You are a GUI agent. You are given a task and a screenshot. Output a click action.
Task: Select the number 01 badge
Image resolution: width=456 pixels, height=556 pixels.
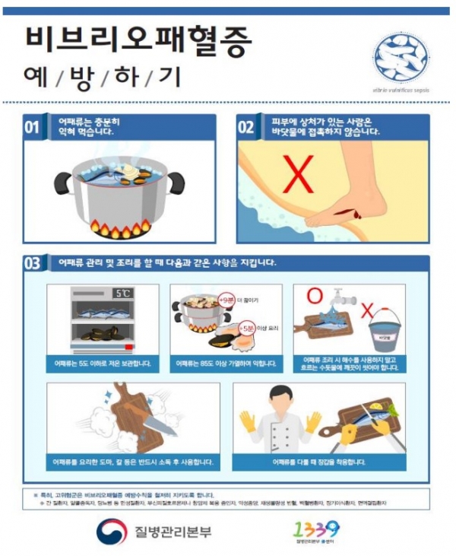31,127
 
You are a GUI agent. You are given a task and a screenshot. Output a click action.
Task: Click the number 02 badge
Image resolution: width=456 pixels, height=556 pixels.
246,127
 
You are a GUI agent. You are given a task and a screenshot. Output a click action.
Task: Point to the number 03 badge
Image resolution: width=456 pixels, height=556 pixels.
31,264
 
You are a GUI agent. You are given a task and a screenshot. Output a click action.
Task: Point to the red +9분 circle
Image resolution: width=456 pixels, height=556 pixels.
226,300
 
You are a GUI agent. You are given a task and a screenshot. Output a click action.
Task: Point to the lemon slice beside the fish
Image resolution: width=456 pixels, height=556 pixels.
393,408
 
